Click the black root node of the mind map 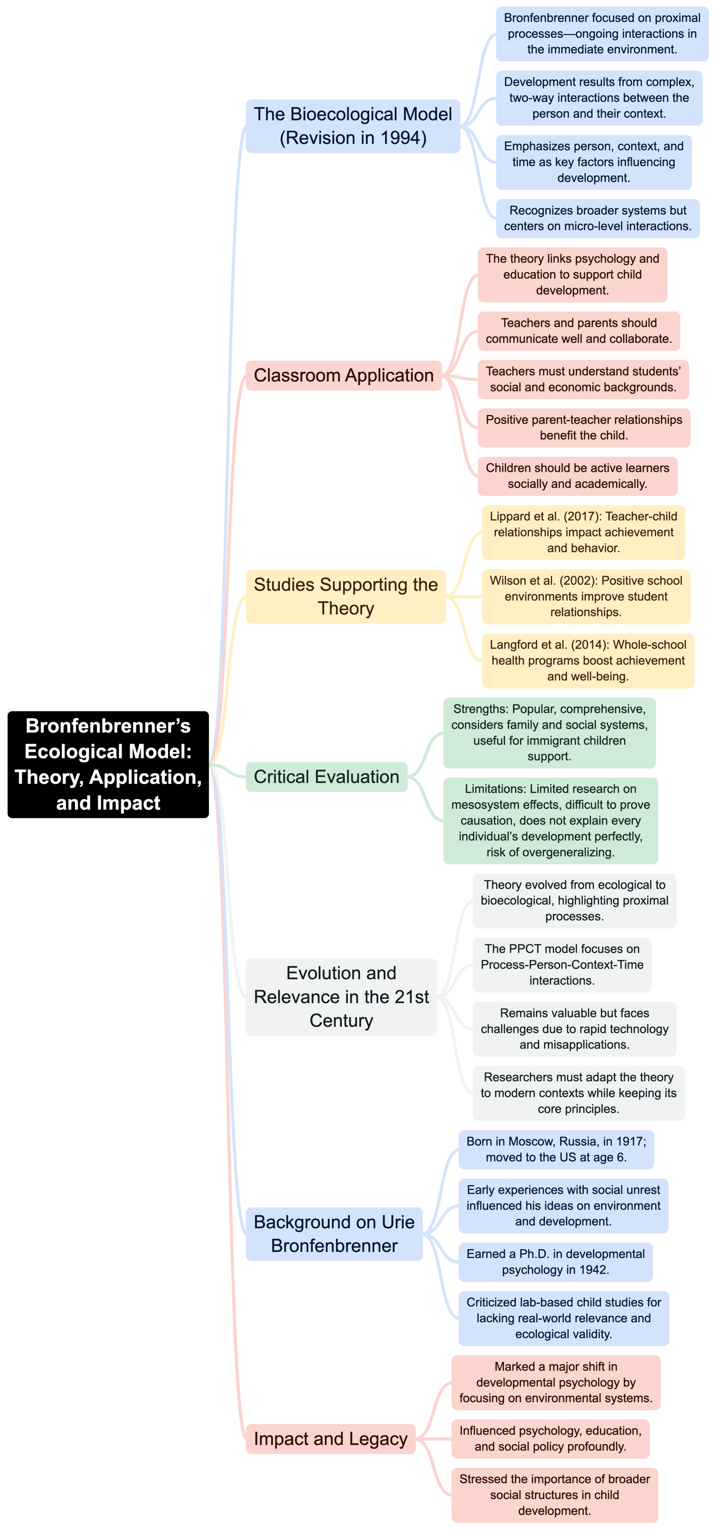coord(108,764)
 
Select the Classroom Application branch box coord(344,375)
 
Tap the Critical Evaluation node coord(326,776)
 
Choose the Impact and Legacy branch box coord(331,1438)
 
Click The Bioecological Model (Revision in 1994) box coord(352,126)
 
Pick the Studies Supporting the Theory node coord(345,596)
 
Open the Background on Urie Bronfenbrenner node coord(334,1234)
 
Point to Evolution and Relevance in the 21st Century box coord(341,996)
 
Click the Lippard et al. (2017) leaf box coord(583,532)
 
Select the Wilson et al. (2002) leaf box coord(586,596)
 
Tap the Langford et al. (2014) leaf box coord(587,660)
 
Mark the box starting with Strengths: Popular coord(549,732)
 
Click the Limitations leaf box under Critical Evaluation coord(550,820)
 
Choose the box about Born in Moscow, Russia coord(556,1149)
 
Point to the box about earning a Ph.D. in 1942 coord(556,1261)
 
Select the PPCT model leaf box coord(562,964)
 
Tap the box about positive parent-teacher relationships coord(584,427)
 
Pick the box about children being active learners coord(577,476)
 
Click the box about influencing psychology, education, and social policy coord(550,1438)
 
